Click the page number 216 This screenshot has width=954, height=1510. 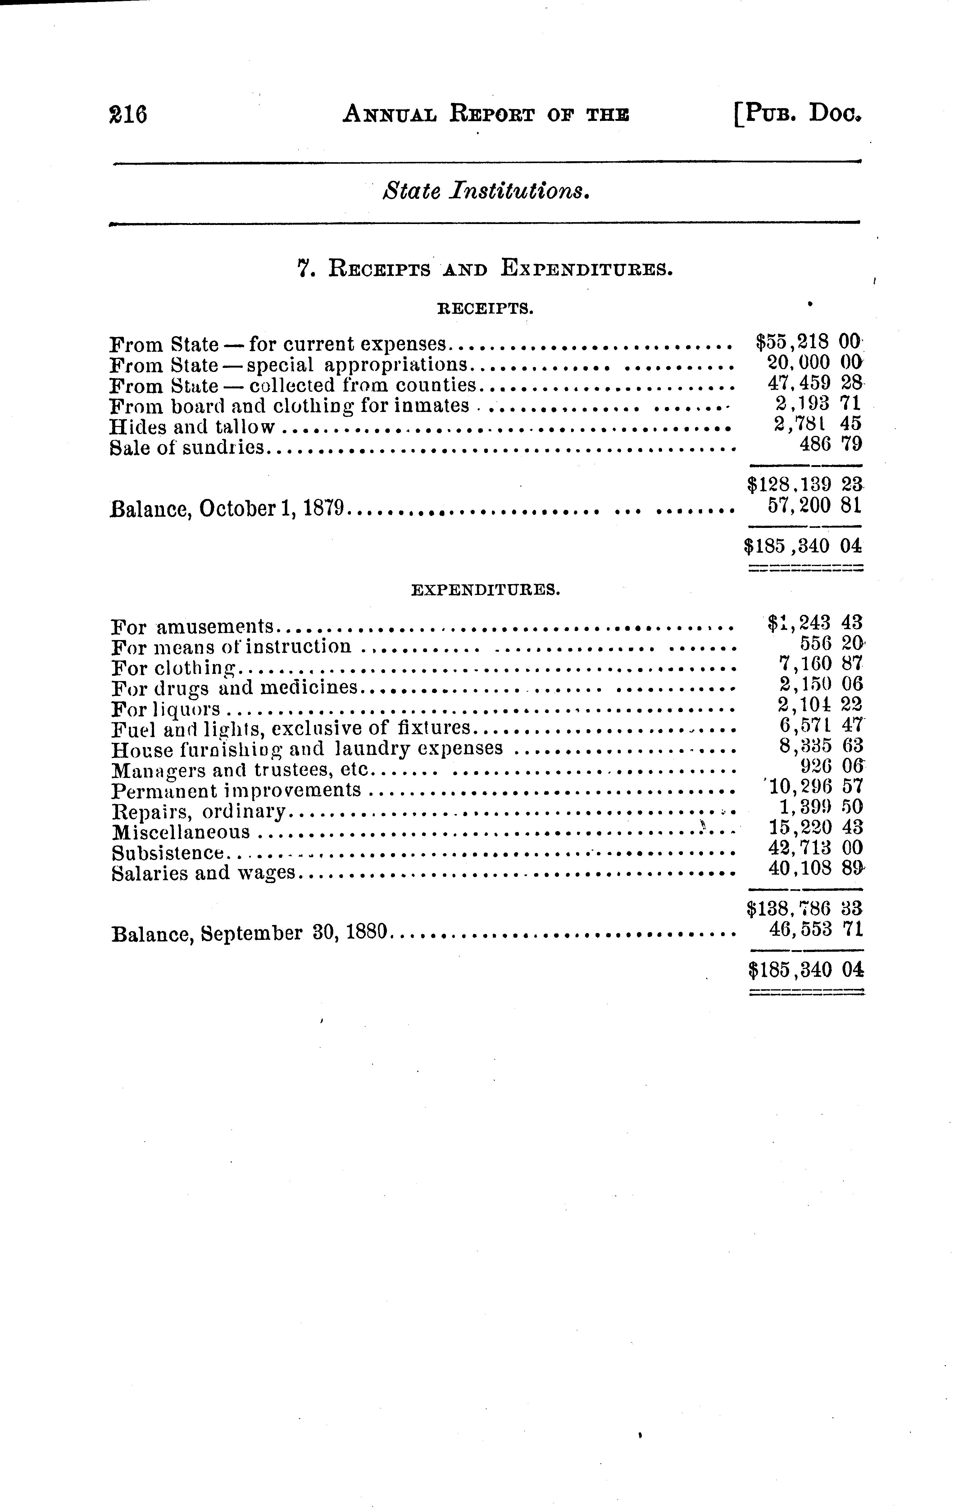click(128, 115)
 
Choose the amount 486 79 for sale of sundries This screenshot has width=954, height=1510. click(830, 444)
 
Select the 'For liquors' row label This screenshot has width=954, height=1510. click(166, 709)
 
